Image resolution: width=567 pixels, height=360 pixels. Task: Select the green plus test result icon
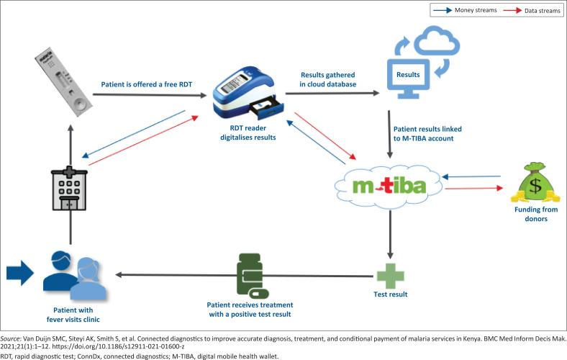(391, 276)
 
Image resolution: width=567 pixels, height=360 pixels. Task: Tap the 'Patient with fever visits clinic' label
(69, 314)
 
